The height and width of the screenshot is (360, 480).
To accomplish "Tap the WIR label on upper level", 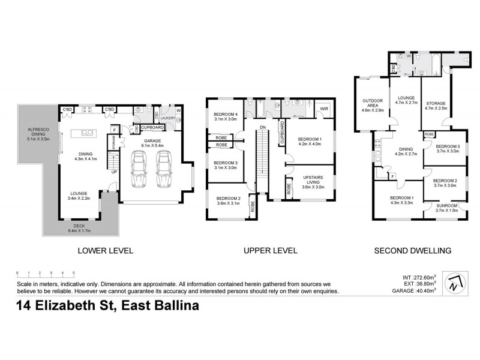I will (x=323, y=109).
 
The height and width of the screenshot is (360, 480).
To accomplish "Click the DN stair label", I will (x=262, y=128).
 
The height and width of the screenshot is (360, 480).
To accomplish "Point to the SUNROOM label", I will (x=445, y=207).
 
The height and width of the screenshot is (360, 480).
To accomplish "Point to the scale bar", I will (x=46, y=274).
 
